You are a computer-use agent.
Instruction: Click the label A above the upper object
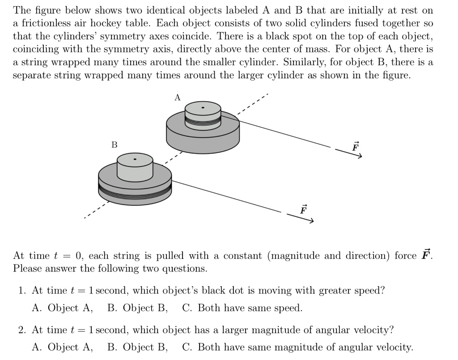coord(177,97)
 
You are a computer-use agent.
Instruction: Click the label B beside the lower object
coord(114,145)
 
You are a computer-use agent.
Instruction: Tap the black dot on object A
coord(203,108)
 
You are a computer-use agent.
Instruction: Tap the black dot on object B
coord(135,159)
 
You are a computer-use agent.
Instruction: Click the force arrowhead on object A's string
coord(359,157)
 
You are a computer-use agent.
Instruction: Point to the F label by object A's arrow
coord(356,146)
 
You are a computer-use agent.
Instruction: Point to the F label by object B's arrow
coord(304,209)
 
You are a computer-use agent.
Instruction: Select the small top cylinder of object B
coord(135,166)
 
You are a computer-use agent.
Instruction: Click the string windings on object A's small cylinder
coord(203,121)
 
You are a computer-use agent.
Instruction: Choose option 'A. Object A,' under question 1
coord(63,308)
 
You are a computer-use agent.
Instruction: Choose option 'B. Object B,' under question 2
coord(138,347)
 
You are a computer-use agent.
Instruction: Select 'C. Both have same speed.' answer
coord(242,308)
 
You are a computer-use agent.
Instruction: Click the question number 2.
coord(22,330)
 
